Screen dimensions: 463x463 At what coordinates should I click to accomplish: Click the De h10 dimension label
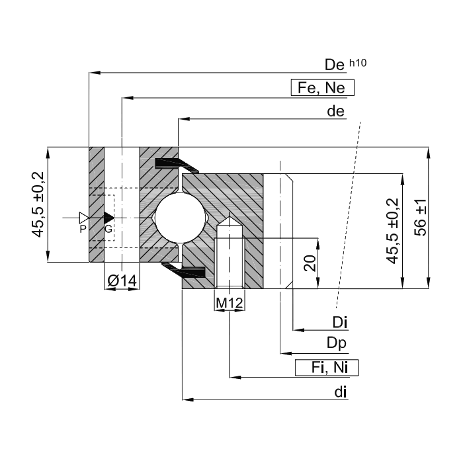click(x=345, y=65)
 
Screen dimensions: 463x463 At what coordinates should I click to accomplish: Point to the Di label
click(x=340, y=322)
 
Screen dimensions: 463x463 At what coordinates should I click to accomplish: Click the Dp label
click(x=337, y=343)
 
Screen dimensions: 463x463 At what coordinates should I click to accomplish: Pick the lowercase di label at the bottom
click(x=340, y=392)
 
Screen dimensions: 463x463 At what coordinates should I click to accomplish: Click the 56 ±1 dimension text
click(x=419, y=218)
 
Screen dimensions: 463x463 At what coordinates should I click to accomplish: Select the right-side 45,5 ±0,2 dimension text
click(x=391, y=231)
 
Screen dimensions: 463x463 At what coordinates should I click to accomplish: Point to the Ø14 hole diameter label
click(x=122, y=281)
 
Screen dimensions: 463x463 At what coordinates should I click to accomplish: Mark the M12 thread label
click(x=230, y=303)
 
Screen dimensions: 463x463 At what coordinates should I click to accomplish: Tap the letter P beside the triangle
click(x=83, y=229)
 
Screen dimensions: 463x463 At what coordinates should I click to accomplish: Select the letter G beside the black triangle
click(x=108, y=229)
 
